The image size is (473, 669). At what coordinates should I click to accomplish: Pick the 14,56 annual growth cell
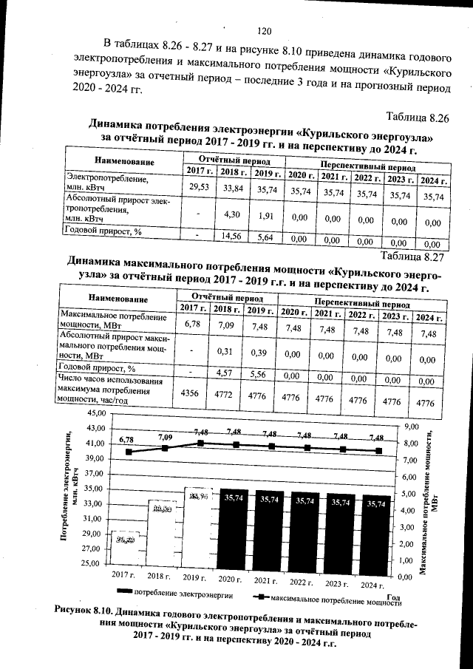[234, 235]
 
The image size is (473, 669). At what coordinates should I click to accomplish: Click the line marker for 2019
[200, 444]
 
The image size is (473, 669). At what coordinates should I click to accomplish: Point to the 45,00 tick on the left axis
[97, 412]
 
